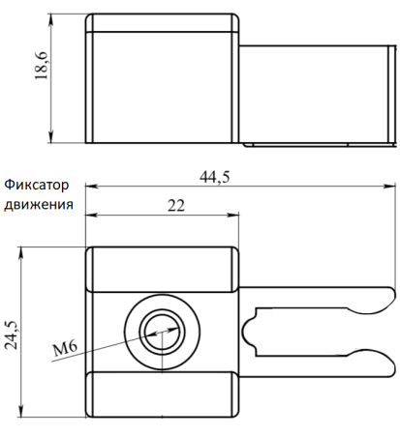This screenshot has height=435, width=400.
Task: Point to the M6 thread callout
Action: click(x=65, y=347)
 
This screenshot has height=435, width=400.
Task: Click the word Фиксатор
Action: click(x=38, y=184)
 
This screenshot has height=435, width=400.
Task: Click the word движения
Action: click(x=38, y=204)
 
